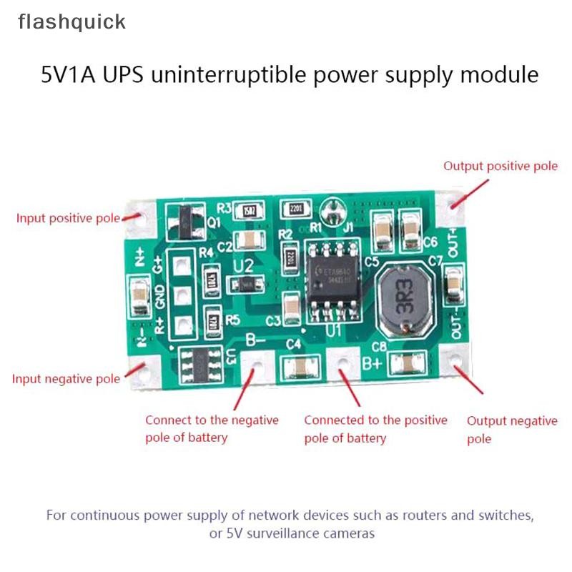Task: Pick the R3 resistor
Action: coord(249,210)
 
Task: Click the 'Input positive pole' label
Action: coord(69,218)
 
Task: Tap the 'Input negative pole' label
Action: coord(66,379)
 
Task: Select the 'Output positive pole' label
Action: coord(500,166)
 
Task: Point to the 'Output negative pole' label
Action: coord(511,429)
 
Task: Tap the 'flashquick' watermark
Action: coord(71,22)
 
